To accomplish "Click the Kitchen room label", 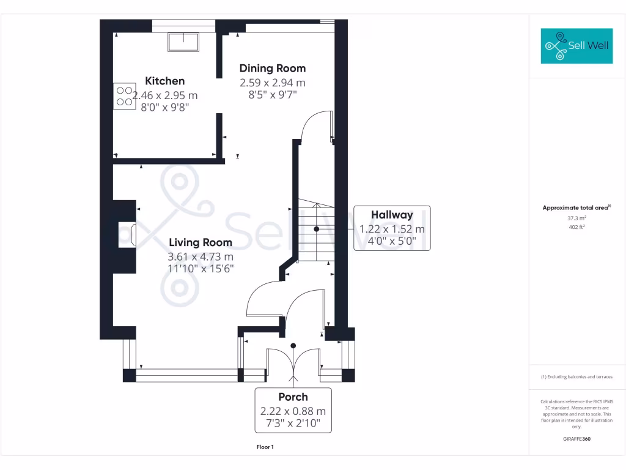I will pyautogui.click(x=164, y=81).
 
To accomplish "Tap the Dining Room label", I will pyautogui.click(x=272, y=68).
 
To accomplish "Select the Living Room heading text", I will pyautogui.click(x=201, y=242).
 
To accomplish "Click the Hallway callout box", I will pyautogui.click(x=392, y=228).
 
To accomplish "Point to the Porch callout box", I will pyautogui.click(x=293, y=410).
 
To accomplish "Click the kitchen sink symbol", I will pyautogui.click(x=183, y=42).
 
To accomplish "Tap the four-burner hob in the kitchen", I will pyautogui.click(x=124, y=96).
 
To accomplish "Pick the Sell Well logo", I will pyautogui.click(x=576, y=46).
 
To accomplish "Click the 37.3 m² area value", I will pyautogui.click(x=576, y=218).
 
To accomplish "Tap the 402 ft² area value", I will pyautogui.click(x=576, y=227).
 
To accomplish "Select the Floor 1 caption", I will pyautogui.click(x=265, y=447).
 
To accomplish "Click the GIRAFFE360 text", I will pyautogui.click(x=576, y=439).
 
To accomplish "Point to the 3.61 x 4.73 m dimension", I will pyautogui.click(x=201, y=256).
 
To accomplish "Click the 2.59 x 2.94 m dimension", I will pyautogui.click(x=272, y=82).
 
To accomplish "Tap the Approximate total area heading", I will pyautogui.click(x=576, y=208).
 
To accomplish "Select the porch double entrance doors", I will pyautogui.click(x=293, y=364).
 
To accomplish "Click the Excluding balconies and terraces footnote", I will pyautogui.click(x=576, y=377).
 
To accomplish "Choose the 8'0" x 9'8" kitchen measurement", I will pyautogui.click(x=165, y=106).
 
